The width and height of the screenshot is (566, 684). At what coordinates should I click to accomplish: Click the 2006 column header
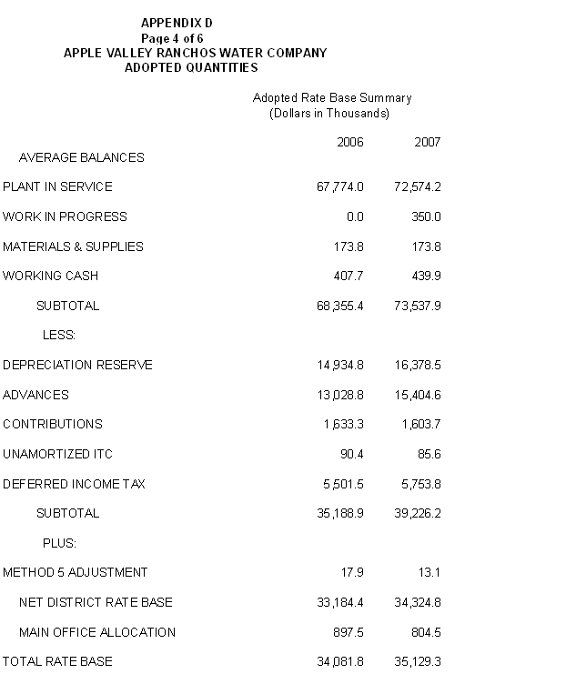point(350,142)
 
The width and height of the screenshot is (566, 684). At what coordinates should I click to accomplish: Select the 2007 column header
point(427,142)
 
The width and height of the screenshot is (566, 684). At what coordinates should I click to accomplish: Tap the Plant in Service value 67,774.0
point(339,186)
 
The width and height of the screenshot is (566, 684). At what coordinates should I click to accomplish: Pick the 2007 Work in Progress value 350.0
point(425,216)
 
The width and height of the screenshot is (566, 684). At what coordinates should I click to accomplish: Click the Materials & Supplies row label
point(73,246)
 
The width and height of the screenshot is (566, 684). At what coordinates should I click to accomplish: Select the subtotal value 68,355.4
point(339,306)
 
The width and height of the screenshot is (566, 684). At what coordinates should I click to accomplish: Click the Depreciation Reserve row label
point(77,365)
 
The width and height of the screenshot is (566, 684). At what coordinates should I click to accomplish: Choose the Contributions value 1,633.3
point(343,424)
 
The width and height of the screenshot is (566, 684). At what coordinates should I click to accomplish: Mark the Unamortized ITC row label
point(57,454)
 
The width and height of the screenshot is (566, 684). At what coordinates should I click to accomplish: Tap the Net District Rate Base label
point(96,602)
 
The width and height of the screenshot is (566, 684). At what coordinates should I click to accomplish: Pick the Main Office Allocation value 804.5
point(425,632)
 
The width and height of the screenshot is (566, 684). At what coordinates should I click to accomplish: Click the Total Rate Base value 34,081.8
point(339,661)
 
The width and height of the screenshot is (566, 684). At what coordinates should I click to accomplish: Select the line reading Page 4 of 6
point(172,38)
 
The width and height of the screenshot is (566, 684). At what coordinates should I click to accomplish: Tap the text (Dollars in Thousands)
point(329,113)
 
